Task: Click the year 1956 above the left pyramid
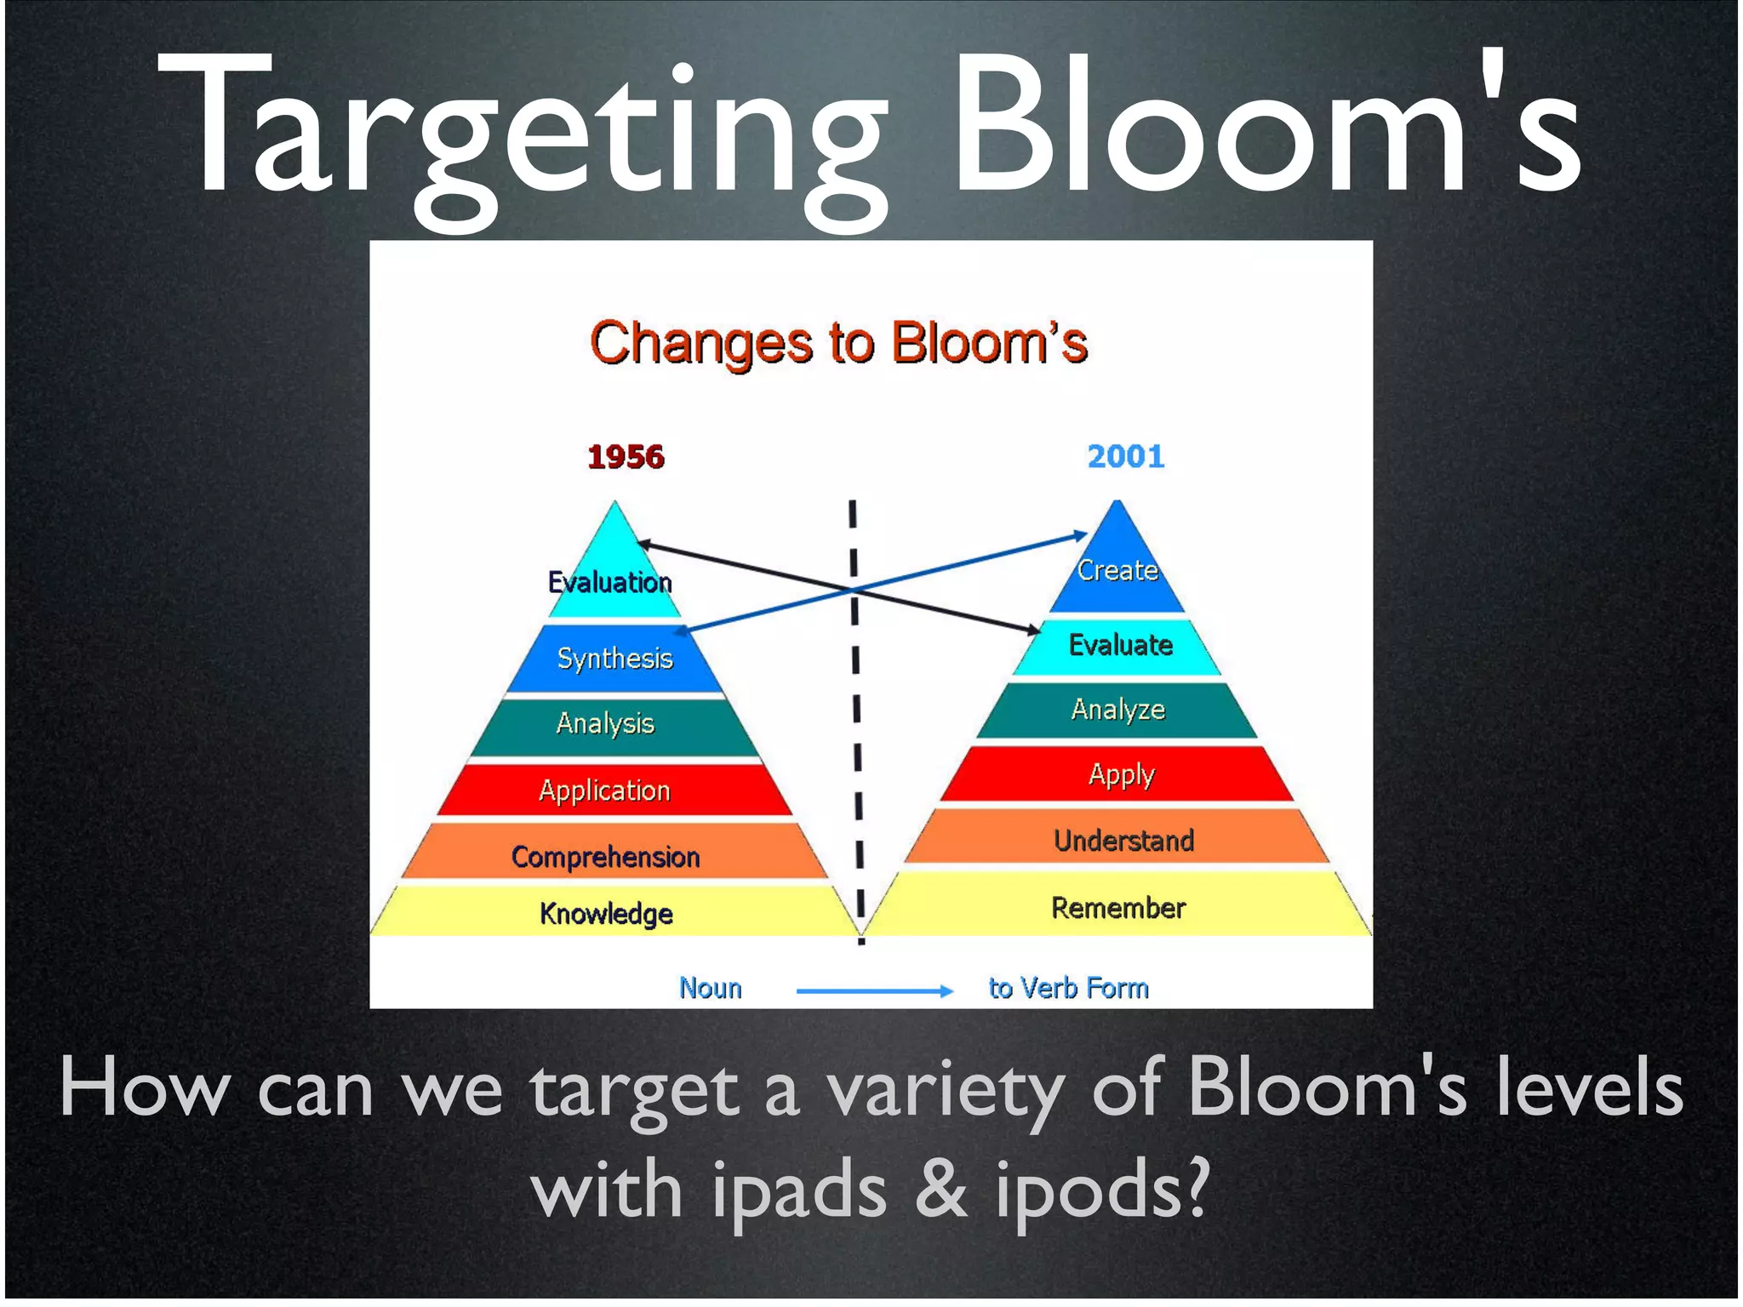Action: [x=626, y=457]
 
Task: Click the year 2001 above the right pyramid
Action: [x=1125, y=457]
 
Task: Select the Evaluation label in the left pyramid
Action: [x=610, y=582]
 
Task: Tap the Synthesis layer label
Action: [x=614, y=658]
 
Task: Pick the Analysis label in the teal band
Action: [x=605, y=723]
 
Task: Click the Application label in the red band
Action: [x=604, y=790]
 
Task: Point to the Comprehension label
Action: [x=605, y=857]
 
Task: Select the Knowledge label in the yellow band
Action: [x=606, y=914]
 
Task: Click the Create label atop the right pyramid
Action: [x=1117, y=570]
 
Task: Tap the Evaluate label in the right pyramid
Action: [x=1121, y=645]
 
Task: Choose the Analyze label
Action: [x=1117, y=710]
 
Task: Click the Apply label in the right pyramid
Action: [x=1121, y=775]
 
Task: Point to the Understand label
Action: [x=1123, y=841]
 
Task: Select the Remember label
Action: [x=1118, y=908]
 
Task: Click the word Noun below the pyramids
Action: [x=711, y=988]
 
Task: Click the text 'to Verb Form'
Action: [x=1068, y=988]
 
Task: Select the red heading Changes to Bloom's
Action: [x=838, y=344]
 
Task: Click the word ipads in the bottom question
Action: [x=799, y=1189]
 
